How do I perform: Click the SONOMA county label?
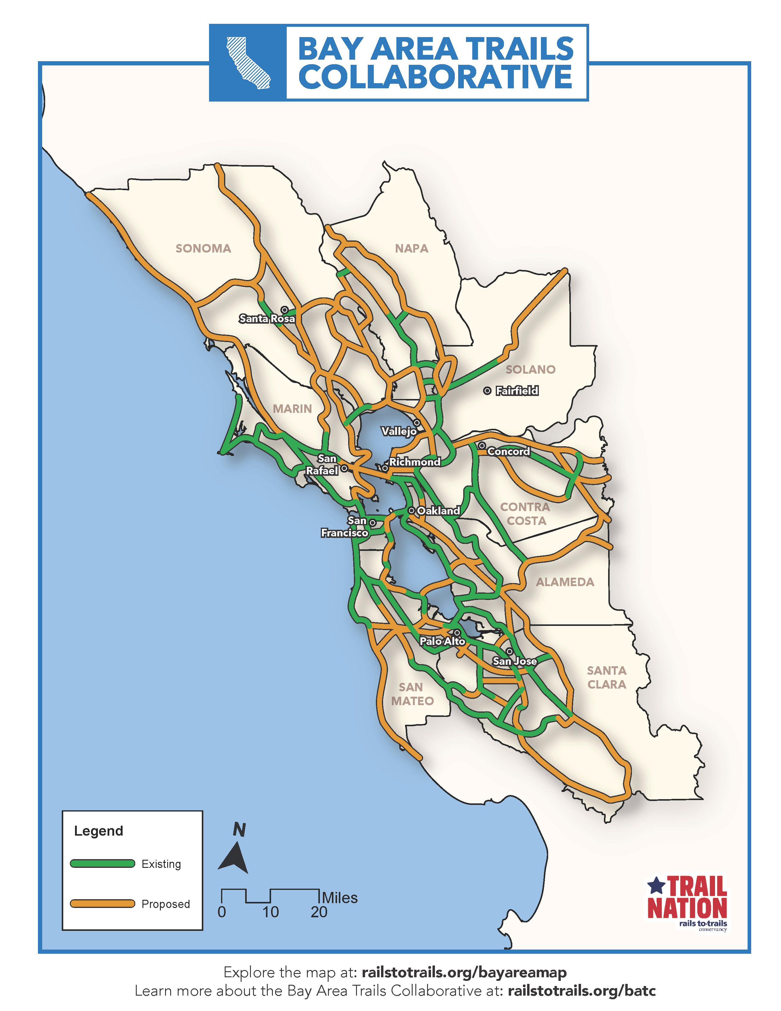(203, 249)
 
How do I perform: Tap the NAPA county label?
(411, 249)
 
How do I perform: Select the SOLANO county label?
(530, 369)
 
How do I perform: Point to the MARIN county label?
(292, 409)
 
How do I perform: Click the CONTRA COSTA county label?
(526, 514)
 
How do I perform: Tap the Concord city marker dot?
(482, 445)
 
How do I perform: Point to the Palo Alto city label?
(442, 641)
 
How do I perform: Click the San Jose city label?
(514, 661)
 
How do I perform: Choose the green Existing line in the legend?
(102, 863)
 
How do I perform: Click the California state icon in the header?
(248, 62)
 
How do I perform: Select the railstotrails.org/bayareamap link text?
(464, 972)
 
